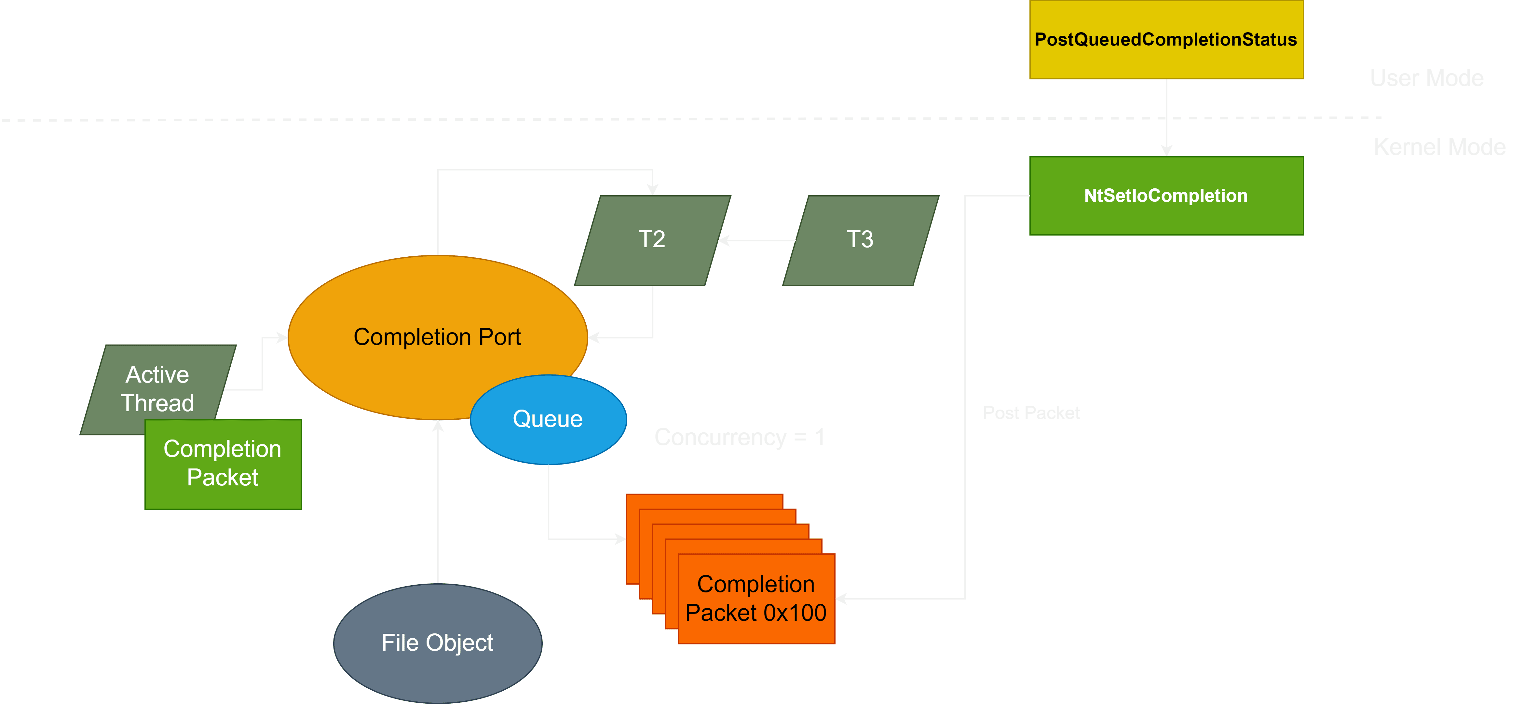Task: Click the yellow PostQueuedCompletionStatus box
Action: (x=1165, y=40)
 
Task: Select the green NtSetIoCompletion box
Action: (x=1165, y=196)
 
